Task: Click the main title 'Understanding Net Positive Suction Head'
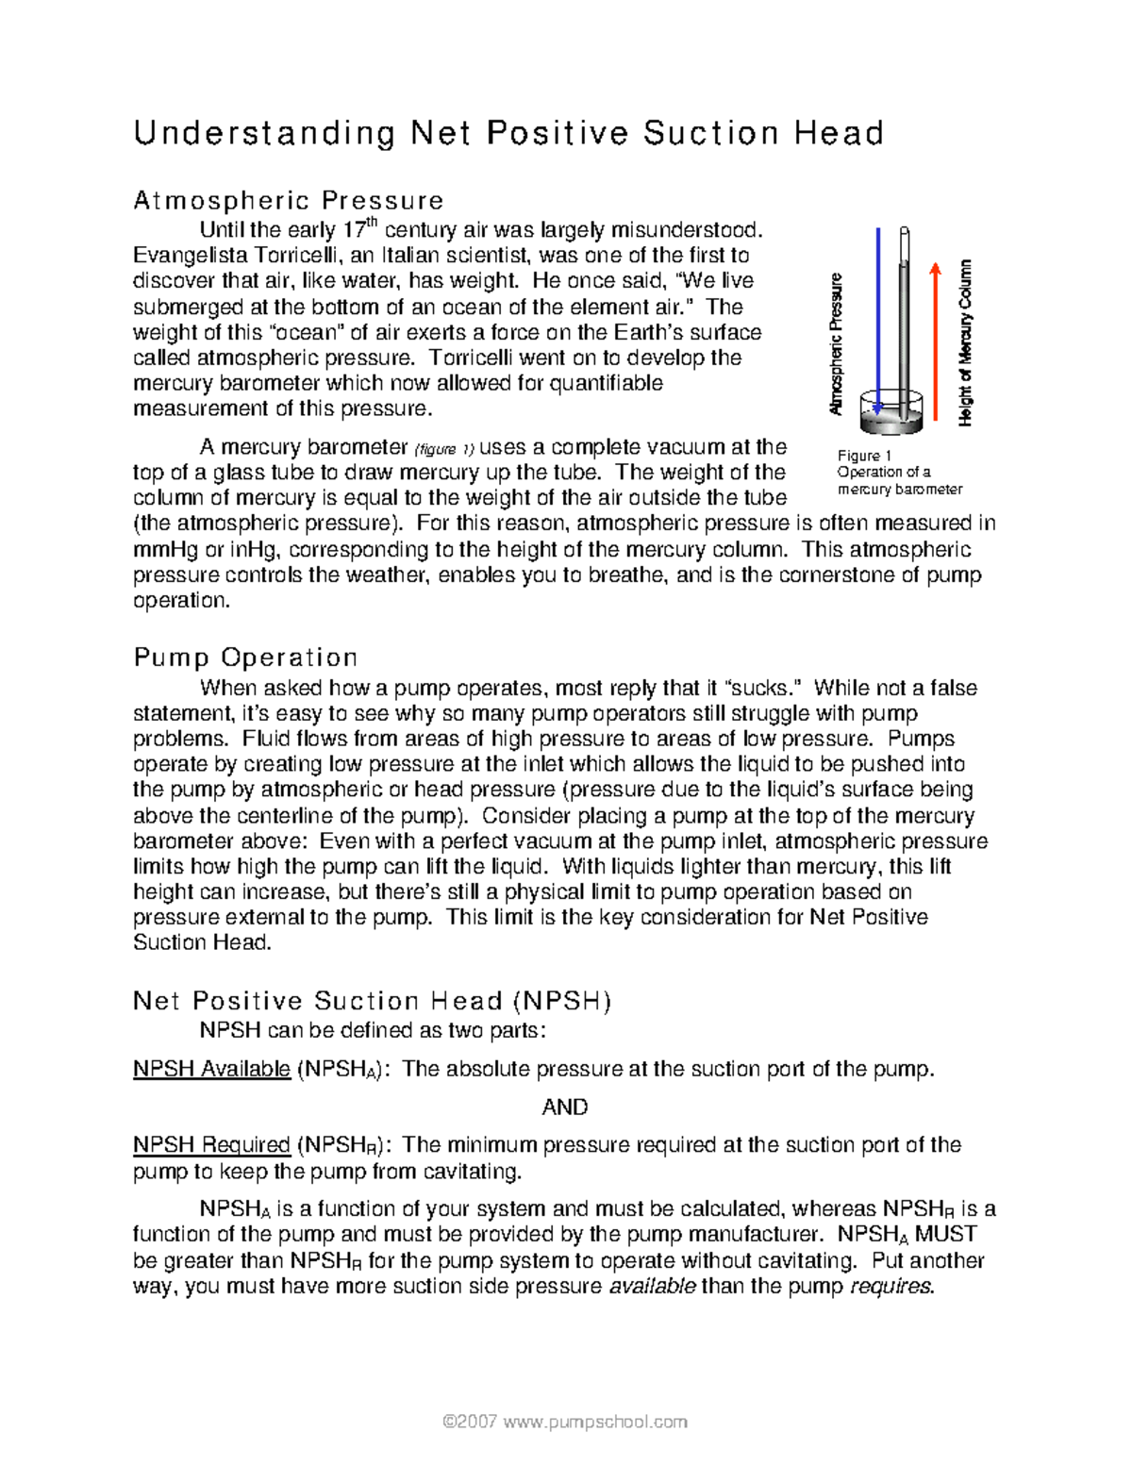(508, 133)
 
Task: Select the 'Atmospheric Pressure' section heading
(288, 200)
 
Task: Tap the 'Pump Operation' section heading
(245, 657)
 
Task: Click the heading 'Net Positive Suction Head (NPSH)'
(373, 1000)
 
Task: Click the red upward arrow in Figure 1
(935, 340)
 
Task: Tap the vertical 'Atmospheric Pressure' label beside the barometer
(836, 344)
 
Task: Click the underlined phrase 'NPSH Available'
(211, 1069)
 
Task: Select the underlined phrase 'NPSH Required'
(211, 1144)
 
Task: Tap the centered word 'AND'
(564, 1107)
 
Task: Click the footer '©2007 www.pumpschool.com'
(564, 1421)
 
